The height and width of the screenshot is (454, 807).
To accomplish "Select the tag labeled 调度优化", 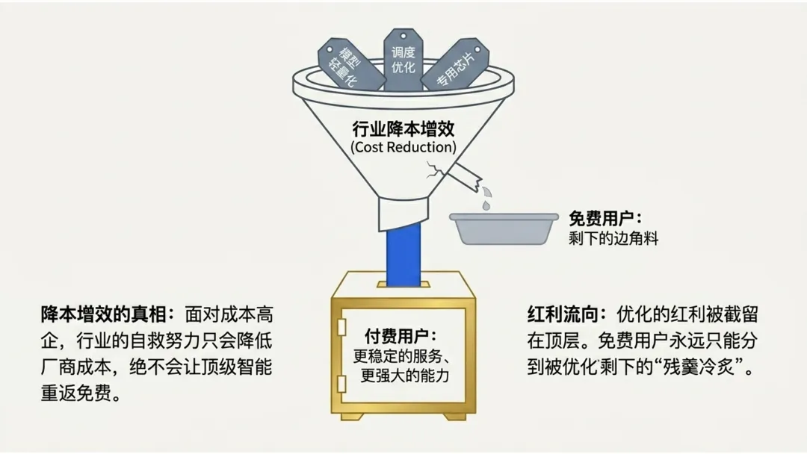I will coord(403,60).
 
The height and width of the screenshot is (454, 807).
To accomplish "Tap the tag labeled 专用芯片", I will coord(454,66).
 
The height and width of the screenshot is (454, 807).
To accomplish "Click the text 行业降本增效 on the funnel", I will coord(403,128).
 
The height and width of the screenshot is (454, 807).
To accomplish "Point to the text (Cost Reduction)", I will coord(403,147).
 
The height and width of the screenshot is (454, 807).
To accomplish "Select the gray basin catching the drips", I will coord(504,228).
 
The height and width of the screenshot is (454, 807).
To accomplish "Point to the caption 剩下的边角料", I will coord(613,239).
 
